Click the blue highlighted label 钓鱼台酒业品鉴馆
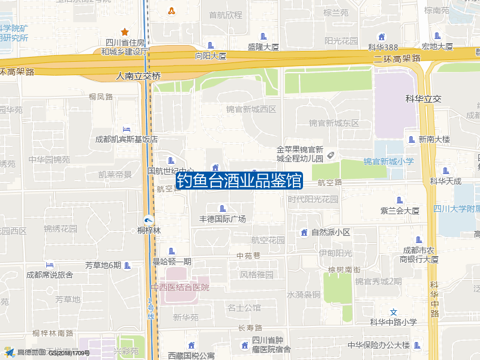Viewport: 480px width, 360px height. point(239,181)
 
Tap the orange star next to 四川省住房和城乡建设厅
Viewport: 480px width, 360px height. point(125,32)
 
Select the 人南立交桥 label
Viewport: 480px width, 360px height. point(139,76)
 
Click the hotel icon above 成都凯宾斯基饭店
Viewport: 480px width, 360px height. point(126,129)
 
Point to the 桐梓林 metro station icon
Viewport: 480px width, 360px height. point(148,219)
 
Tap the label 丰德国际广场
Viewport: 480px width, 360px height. point(222,219)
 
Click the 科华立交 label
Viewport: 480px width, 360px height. point(423,99)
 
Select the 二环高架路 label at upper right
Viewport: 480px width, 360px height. point(397,58)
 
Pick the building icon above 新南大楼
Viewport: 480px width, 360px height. point(411,139)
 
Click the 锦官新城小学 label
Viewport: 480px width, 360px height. point(388,161)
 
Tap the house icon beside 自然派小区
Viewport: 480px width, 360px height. point(304,232)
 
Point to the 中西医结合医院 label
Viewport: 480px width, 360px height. point(180,287)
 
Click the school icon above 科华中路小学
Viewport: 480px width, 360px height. point(394,312)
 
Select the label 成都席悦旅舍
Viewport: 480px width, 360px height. point(49,275)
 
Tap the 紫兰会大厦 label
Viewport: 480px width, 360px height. point(400,211)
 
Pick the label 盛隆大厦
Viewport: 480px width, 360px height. point(263,47)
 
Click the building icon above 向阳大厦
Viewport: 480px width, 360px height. point(210,46)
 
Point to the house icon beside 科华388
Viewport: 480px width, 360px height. point(382,37)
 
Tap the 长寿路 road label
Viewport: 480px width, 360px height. point(250,328)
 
